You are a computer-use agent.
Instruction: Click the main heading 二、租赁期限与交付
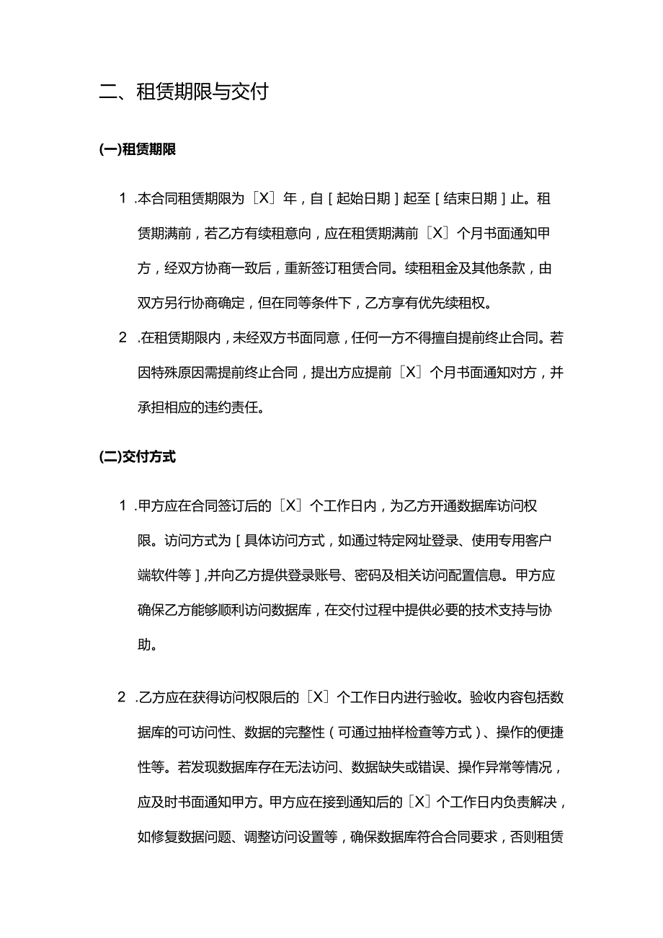[184, 92]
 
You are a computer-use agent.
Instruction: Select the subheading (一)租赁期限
[138, 150]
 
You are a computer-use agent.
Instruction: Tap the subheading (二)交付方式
[138, 457]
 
